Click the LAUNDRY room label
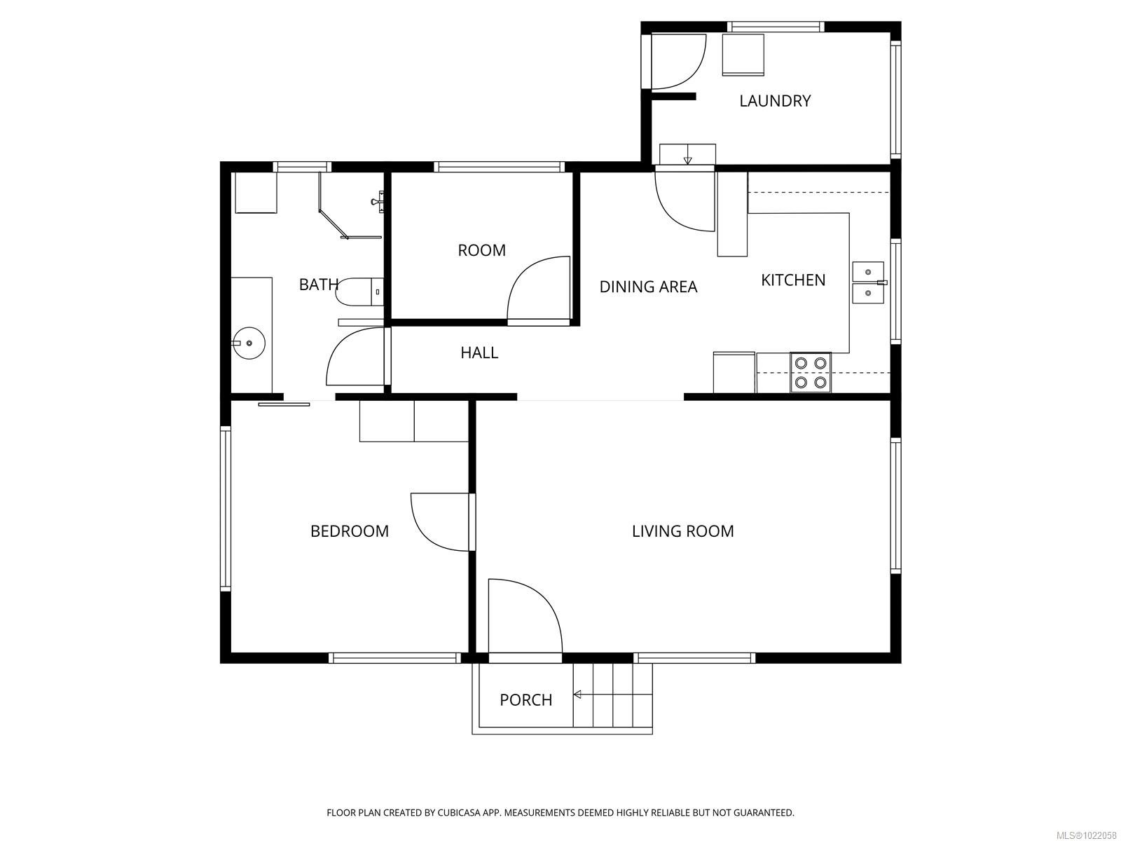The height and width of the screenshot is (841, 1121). click(x=775, y=101)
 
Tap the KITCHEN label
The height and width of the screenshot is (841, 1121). click(x=793, y=280)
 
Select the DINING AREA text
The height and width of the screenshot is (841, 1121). click(x=648, y=287)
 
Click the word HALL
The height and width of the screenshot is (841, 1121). click(x=479, y=353)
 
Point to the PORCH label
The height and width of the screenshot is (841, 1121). click(x=525, y=699)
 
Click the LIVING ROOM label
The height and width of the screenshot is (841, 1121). click(x=682, y=531)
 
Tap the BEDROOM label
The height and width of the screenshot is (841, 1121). click(x=349, y=531)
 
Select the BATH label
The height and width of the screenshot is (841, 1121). click(x=318, y=285)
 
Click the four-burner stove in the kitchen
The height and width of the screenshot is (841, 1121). click(x=811, y=373)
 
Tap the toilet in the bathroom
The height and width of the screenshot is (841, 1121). click(x=359, y=292)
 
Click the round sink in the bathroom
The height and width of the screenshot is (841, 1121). click(x=249, y=343)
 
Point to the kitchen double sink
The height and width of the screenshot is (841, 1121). click(x=867, y=282)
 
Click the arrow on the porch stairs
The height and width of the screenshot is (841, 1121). click(x=579, y=695)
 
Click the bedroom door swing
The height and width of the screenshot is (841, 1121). click(x=438, y=522)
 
